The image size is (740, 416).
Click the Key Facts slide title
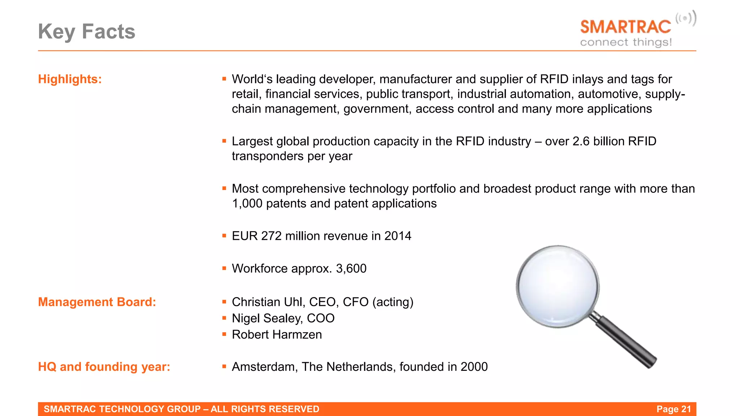click(x=87, y=31)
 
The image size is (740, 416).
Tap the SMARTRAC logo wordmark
click(x=625, y=27)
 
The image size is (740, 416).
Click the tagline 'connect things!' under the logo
click(x=626, y=42)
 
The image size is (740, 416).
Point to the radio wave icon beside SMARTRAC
click(x=686, y=18)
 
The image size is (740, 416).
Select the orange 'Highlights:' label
click(x=70, y=79)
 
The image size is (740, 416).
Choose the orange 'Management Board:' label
click(x=97, y=302)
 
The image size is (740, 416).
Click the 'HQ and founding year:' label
click(x=104, y=367)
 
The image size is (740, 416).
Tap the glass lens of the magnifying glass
click(x=558, y=286)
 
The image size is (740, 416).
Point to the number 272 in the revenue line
click(x=271, y=236)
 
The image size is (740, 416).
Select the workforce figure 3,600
click(x=351, y=268)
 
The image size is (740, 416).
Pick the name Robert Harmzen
click(x=277, y=334)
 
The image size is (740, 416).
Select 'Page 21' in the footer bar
click(x=674, y=409)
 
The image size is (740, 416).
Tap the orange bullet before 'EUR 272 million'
click(x=224, y=236)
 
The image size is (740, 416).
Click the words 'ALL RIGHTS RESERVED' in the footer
click(x=265, y=409)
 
